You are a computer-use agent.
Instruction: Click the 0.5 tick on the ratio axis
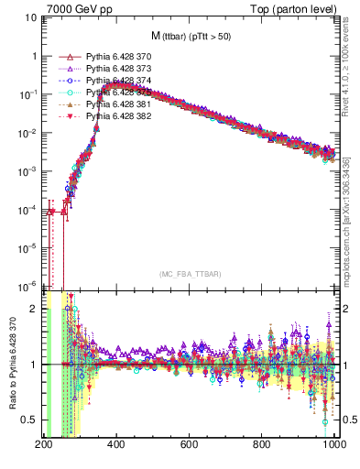(29, 420)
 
